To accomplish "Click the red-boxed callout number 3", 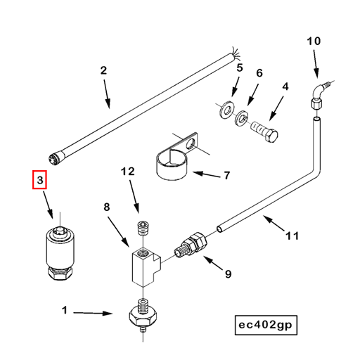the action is coord(40,180).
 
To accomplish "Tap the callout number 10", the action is coord(314,41).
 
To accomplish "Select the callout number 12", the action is coord(128,172).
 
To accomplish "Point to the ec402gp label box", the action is coord(266,325).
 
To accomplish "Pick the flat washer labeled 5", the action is coord(227,109).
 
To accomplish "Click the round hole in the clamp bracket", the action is coord(191,143).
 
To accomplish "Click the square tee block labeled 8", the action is coord(146,267).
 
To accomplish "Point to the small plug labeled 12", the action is coord(142,228).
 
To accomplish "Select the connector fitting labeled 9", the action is coord(191,245).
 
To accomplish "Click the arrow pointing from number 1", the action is coord(93,313).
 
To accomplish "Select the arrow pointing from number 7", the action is coord(207,174).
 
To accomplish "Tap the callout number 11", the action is coord(292,236).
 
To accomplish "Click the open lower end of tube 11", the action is coord(220,229).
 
